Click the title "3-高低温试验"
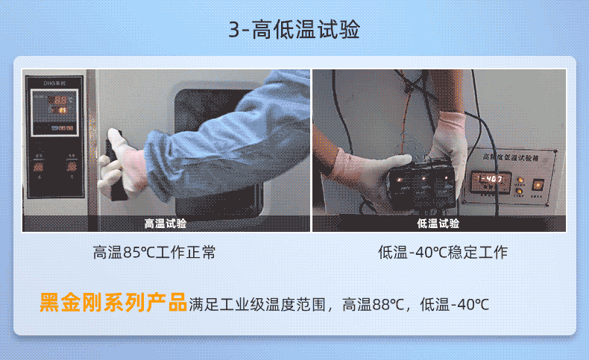click(294, 31)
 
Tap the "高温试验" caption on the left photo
click(166, 224)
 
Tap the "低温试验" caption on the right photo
click(438, 224)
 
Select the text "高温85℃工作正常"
click(154, 253)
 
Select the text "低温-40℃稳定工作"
click(443, 253)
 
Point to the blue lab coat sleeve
click(224, 119)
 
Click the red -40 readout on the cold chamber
click(490, 180)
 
